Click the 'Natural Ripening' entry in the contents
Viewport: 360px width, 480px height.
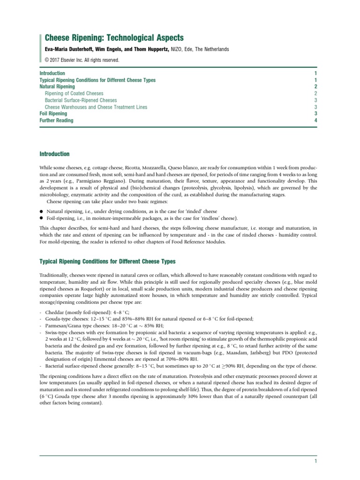point(57,87)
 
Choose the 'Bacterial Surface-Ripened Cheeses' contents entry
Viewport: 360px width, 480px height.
point(81,100)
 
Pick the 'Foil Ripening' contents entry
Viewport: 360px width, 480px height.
point(53,113)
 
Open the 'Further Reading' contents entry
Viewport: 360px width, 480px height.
point(56,120)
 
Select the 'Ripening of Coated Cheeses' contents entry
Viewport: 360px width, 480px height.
point(74,94)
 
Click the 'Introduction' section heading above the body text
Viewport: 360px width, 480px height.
point(54,154)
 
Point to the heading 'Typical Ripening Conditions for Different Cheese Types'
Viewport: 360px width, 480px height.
point(107,261)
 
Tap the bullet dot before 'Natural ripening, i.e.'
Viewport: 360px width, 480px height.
point(42,211)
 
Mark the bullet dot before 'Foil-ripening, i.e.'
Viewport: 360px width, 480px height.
point(42,218)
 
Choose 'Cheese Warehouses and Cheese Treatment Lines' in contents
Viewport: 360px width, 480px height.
point(96,107)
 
